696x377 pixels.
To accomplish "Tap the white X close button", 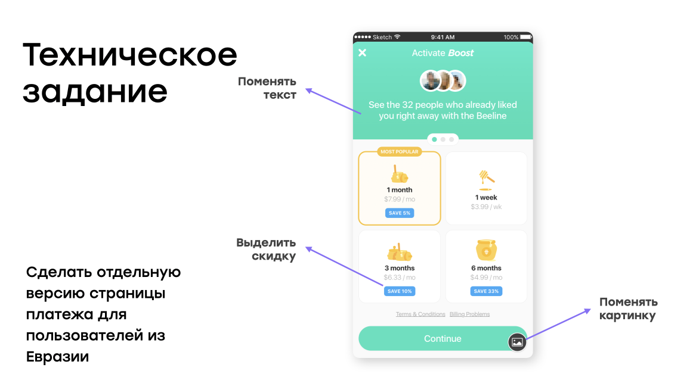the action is (362, 53).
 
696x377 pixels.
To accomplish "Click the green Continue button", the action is (434, 338).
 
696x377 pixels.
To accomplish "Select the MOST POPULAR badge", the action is (400, 152).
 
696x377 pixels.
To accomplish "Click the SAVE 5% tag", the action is (400, 213).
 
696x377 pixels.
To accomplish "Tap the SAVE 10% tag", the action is (400, 291).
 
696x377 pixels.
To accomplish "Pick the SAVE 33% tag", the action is (486, 291).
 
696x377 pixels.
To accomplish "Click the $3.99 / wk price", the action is (487, 207).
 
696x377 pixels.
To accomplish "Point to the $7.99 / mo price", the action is (400, 199).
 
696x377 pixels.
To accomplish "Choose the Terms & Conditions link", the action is (420, 314).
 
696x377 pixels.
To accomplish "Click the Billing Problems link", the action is (469, 314).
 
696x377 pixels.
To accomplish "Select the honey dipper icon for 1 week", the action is (486, 178).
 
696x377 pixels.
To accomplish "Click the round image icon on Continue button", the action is (517, 342).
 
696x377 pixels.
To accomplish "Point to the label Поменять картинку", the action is (628, 309).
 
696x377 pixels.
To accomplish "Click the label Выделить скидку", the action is (266, 250).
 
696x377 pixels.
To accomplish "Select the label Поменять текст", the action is (267, 88).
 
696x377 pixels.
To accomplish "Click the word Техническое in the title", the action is (129, 56).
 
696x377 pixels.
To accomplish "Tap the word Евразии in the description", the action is (58, 357).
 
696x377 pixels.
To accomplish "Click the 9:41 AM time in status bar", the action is (443, 37).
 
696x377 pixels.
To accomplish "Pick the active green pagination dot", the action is (434, 139).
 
